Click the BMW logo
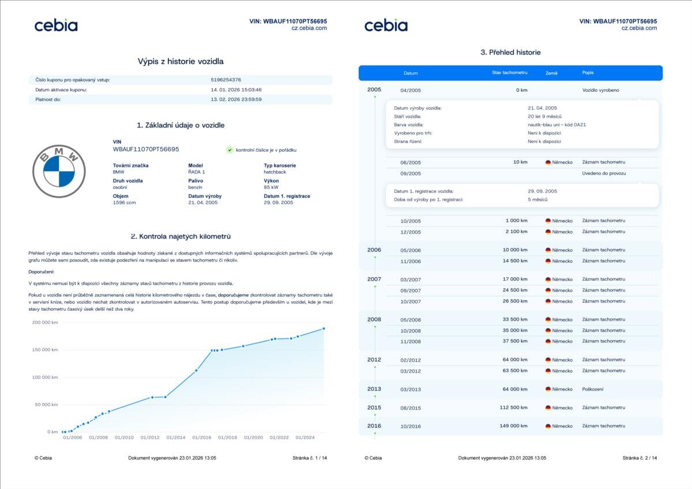(59, 171)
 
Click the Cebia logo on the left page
(56, 25)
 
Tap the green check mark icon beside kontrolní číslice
(230, 150)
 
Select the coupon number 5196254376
(226, 80)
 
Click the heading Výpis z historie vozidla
(180, 61)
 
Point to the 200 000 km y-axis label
(44, 322)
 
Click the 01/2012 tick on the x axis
(150, 438)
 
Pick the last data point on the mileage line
(324, 329)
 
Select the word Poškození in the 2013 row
(593, 389)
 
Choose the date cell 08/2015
(411, 408)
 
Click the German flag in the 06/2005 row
(548, 163)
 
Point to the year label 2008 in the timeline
(374, 319)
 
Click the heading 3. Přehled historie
(510, 52)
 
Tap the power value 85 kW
(271, 187)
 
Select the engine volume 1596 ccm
(125, 203)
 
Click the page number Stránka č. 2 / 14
(640, 458)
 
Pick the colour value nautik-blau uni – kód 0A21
(556, 125)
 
